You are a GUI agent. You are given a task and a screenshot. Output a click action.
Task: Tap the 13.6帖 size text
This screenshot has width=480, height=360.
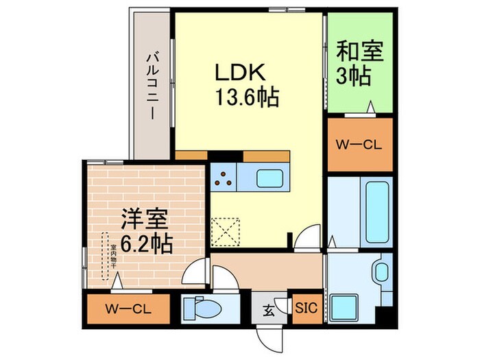click(x=248, y=99)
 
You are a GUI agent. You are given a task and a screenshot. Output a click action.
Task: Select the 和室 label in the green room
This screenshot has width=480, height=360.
click(x=360, y=51)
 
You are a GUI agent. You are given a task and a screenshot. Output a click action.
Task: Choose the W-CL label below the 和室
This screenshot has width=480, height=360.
click(x=359, y=145)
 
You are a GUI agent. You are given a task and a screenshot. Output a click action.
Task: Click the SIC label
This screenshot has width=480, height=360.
click(x=306, y=309)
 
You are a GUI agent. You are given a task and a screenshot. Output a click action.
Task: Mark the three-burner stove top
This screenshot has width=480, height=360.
click(x=223, y=180)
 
